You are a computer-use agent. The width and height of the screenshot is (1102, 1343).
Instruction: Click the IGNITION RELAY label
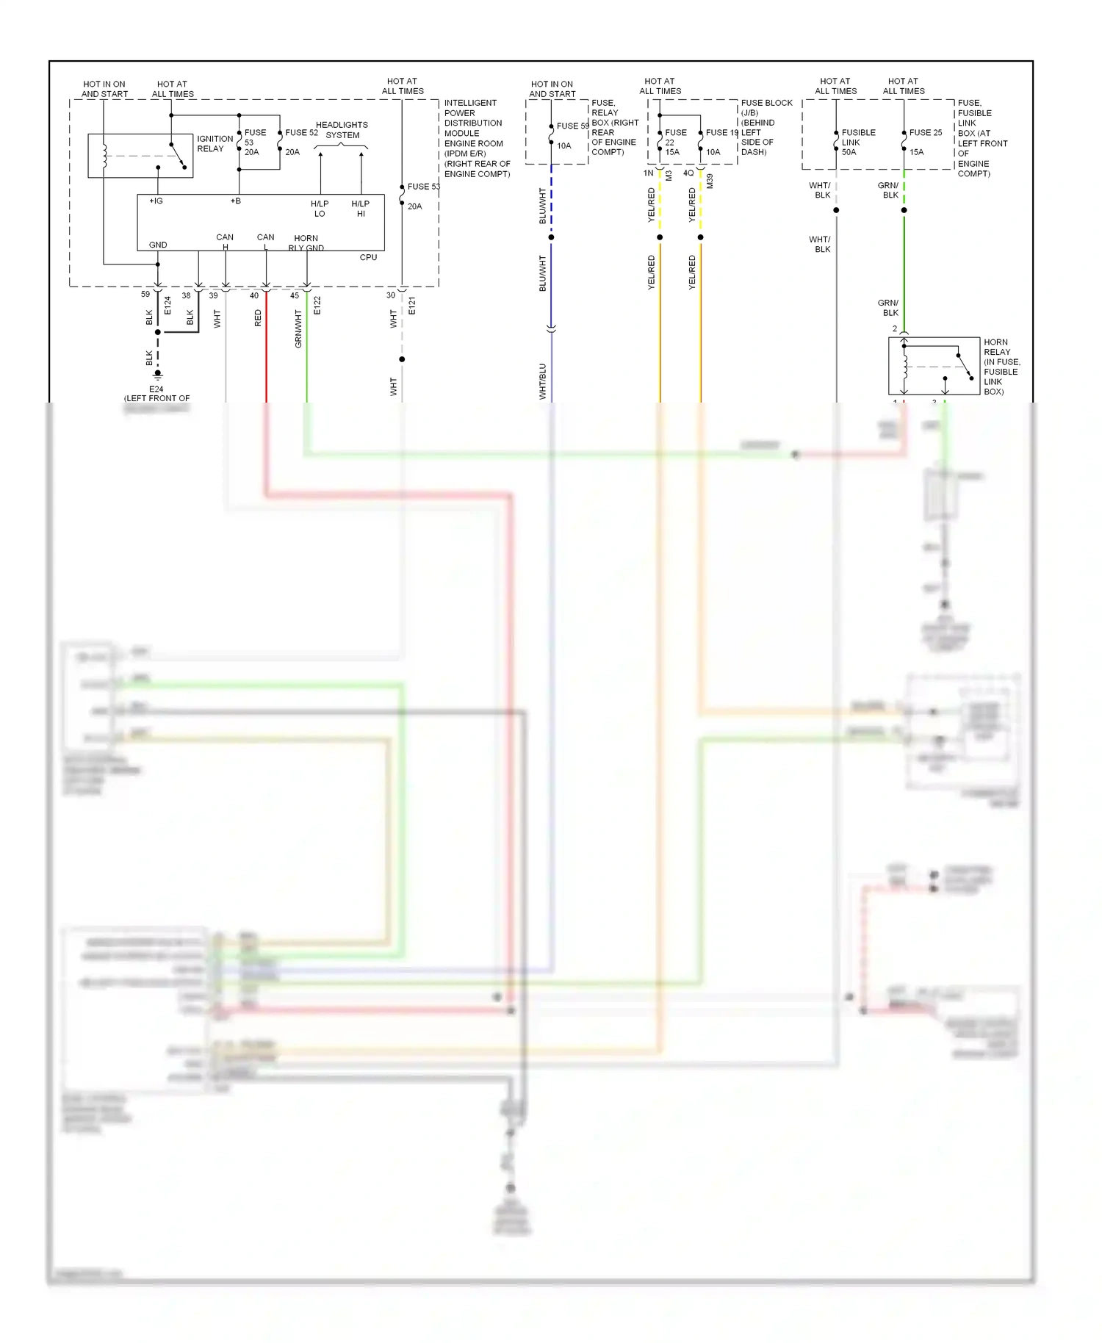pos(215,144)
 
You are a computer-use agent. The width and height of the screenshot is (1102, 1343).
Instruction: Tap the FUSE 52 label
pos(301,133)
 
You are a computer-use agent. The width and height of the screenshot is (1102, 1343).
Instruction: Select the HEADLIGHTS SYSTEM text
pos(342,130)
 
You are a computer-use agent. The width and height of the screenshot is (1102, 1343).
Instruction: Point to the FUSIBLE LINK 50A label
pos(858,143)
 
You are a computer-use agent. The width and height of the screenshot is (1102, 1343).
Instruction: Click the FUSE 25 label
pos(925,133)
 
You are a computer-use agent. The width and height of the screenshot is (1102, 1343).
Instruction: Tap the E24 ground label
pos(156,389)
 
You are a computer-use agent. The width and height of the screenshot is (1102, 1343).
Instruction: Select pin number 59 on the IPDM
pos(145,295)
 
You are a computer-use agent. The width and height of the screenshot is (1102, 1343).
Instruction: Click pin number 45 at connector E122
pos(295,296)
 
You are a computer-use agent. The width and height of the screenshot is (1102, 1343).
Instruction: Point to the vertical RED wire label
pos(258,318)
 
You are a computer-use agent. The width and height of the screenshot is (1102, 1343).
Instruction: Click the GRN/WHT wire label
pos(298,328)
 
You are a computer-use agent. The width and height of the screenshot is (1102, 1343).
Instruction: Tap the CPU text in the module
pos(368,258)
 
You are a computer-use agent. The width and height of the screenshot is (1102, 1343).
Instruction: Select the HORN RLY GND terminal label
pos(306,243)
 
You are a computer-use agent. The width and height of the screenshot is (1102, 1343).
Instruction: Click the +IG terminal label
pos(156,201)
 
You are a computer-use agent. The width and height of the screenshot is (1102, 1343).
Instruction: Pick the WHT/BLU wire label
pos(542,381)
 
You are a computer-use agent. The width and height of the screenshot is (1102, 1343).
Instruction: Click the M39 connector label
pos(710,181)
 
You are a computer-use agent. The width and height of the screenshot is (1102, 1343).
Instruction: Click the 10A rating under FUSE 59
pos(563,146)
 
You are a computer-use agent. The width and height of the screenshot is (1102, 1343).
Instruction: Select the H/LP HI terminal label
pos(360,209)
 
